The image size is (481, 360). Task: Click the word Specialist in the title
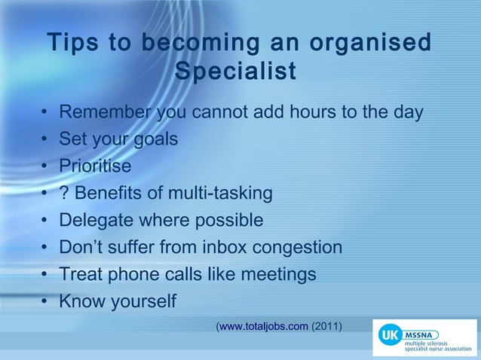click(x=234, y=73)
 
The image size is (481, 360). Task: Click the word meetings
click(x=277, y=274)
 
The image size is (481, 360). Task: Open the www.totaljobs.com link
click(x=263, y=327)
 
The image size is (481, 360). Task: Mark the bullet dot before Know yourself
click(x=45, y=301)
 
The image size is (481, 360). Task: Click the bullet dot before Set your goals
click(x=45, y=140)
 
